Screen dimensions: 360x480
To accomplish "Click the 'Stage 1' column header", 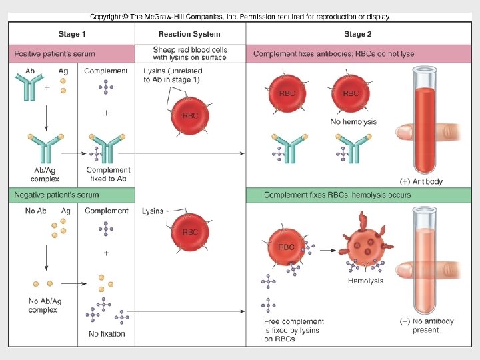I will click(x=72, y=34).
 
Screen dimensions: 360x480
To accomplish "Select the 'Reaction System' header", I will click(x=190, y=34).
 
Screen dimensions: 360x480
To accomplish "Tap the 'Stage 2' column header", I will click(x=358, y=34).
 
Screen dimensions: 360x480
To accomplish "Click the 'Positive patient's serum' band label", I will click(x=55, y=53).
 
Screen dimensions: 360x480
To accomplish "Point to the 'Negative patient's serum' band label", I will click(x=57, y=195).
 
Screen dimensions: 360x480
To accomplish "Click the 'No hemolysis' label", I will click(x=353, y=122).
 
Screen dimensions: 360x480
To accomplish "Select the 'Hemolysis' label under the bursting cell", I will click(x=365, y=281).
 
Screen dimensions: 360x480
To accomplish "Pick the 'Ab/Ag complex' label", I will click(x=45, y=175).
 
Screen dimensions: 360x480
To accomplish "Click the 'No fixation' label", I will click(x=107, y=333).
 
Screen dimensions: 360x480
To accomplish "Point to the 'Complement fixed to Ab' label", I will click(x=108, y=175).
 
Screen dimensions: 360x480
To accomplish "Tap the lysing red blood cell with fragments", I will click(x=365, y=247).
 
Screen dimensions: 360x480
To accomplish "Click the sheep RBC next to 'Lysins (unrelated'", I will click(x=191, y=115).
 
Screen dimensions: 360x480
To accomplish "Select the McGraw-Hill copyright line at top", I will click(x=240, y=17).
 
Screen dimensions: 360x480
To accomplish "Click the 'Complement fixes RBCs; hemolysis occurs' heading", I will click(x=337, y=195).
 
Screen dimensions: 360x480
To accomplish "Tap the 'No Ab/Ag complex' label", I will click(x=43, y=305).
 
